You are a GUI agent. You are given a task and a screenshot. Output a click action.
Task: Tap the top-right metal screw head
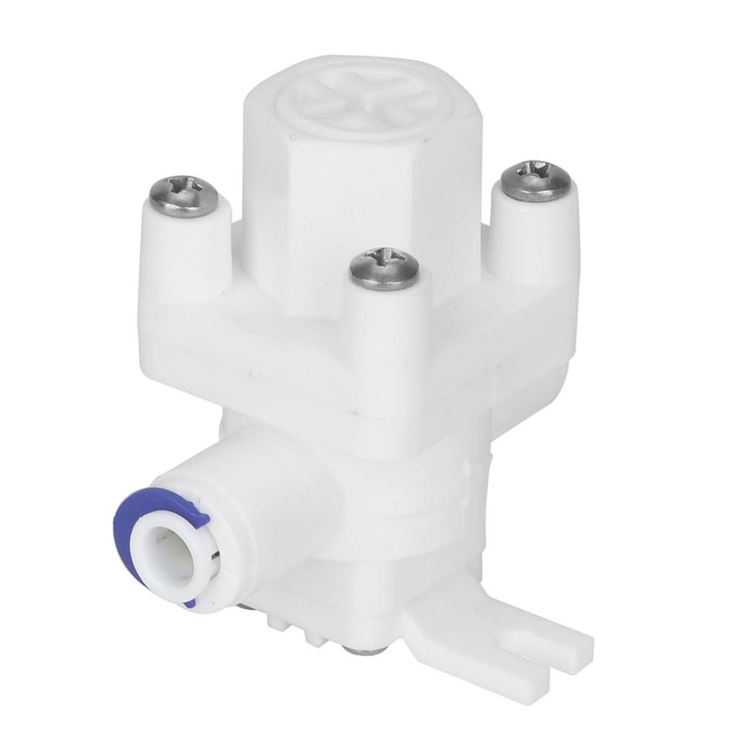pyautogui.click(x=536, y=179)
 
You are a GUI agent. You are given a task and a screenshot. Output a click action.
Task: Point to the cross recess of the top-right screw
pyautogui.click(x=536, y=176)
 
